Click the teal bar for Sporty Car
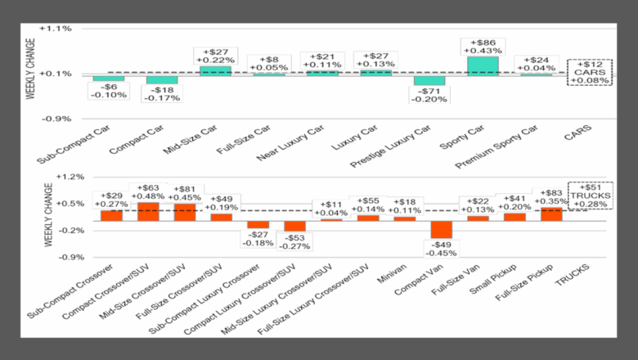[x=483, y=65]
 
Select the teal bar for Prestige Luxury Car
[x=429, y=80]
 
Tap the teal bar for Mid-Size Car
[x=215, y=71]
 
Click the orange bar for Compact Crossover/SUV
[x=149, y=212]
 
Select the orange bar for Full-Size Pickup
[x=551, y=214]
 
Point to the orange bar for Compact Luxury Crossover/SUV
[x=294, y=226]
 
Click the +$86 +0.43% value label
[x=483, y=47]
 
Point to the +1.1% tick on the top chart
[x=60, y=28]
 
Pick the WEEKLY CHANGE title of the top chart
[x=30, y=74]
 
